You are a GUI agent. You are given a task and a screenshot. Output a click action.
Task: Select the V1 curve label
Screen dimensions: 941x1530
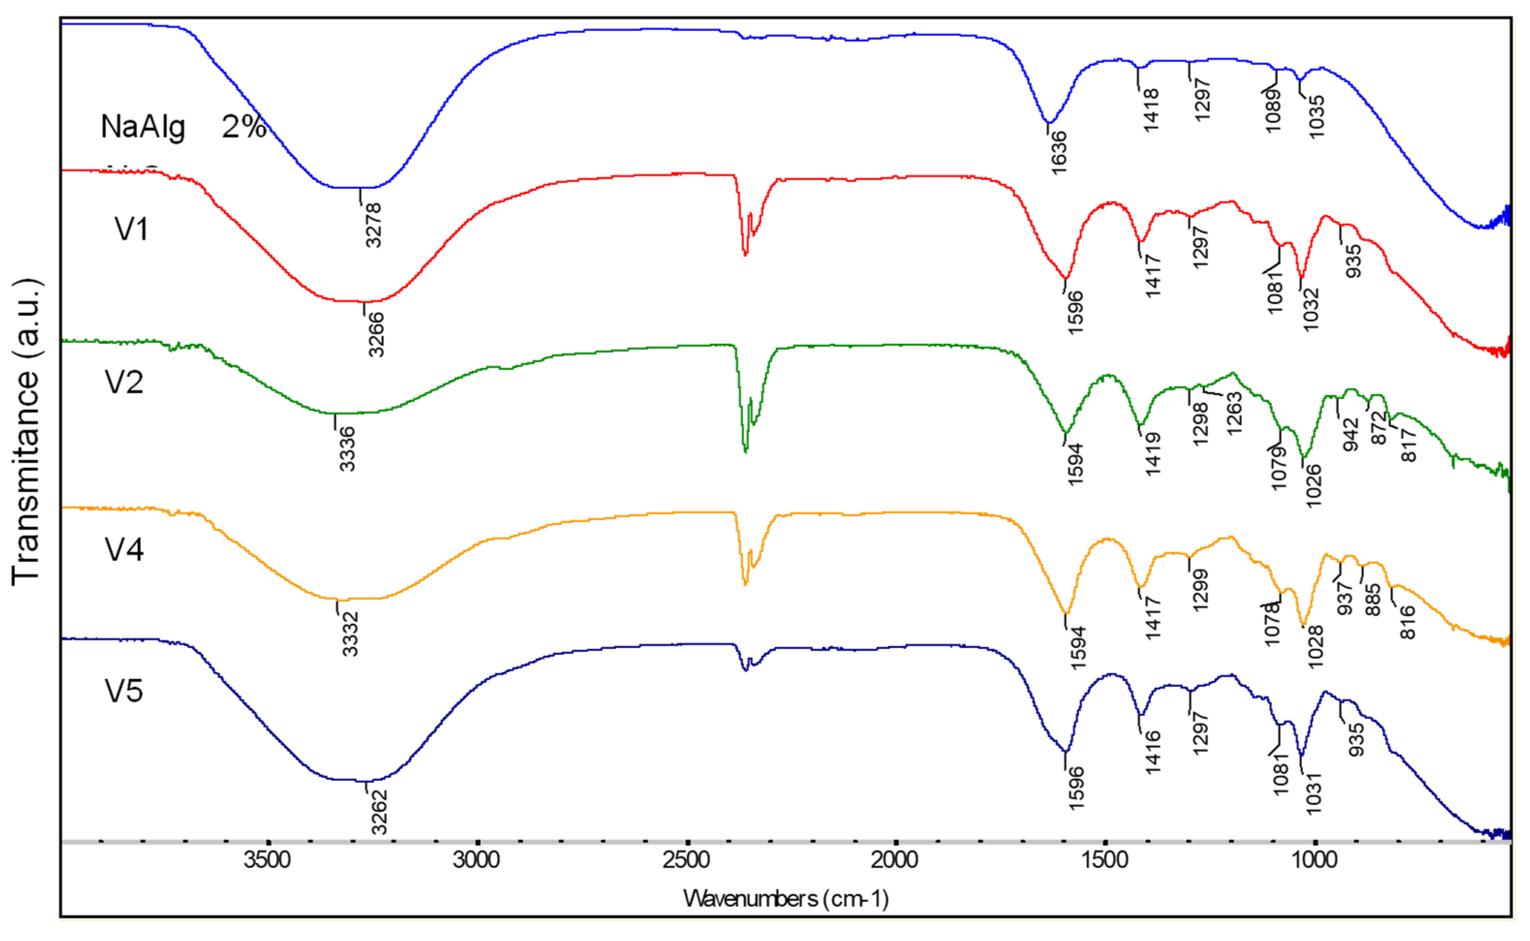tap(132, 229)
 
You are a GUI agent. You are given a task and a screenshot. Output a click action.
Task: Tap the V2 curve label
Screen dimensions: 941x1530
tap(124, 382)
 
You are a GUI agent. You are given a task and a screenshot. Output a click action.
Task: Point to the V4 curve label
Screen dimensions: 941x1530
tap(124, 550)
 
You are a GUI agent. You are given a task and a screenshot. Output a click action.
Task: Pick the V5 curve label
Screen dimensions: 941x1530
tap(124, 691)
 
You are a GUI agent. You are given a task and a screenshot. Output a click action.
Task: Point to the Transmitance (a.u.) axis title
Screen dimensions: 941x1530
tap(26, 432)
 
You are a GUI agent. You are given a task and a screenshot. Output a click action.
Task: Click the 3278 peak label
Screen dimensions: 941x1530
tap(373, 225)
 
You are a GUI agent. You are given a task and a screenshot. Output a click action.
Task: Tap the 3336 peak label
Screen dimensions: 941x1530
tap(347, 448)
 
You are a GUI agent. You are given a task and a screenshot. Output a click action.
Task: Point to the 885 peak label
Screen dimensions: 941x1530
tap(1373, 599)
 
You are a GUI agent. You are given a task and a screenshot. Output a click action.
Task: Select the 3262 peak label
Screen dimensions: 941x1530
tap(379, 812)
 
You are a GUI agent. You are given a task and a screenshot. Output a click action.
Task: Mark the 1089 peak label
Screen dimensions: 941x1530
tap(1273, 111)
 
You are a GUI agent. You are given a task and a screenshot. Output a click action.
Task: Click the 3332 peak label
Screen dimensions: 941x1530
tap(350, 634)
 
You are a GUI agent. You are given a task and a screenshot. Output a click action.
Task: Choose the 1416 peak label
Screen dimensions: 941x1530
tap(1153, 752)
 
